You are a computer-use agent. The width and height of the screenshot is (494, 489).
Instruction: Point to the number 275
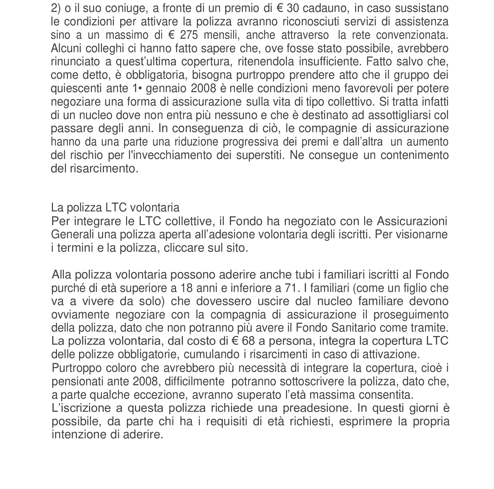[189, 35]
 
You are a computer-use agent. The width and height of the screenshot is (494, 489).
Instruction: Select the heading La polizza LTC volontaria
[115, 207]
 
